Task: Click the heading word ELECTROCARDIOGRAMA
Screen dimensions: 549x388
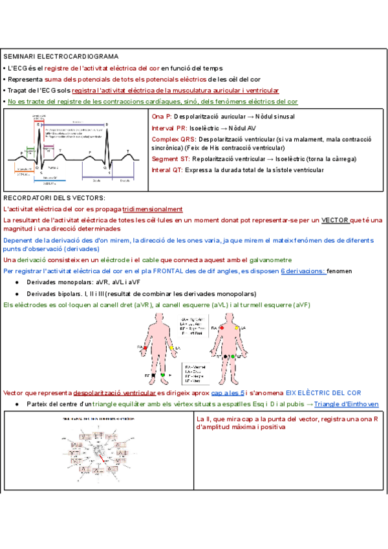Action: pos(81,57)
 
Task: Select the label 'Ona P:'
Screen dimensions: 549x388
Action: pos(162,117)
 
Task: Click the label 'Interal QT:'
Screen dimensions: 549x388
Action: pos(167,170)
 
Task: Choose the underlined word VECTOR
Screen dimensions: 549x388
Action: pos(335,220)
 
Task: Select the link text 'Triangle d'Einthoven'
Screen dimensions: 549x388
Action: pos(347,404)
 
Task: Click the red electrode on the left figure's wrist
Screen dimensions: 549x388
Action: pos(144,348)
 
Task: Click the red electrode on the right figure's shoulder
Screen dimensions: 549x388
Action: pos(222,328)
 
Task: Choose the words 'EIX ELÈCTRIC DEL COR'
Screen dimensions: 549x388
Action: pos(324,393)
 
